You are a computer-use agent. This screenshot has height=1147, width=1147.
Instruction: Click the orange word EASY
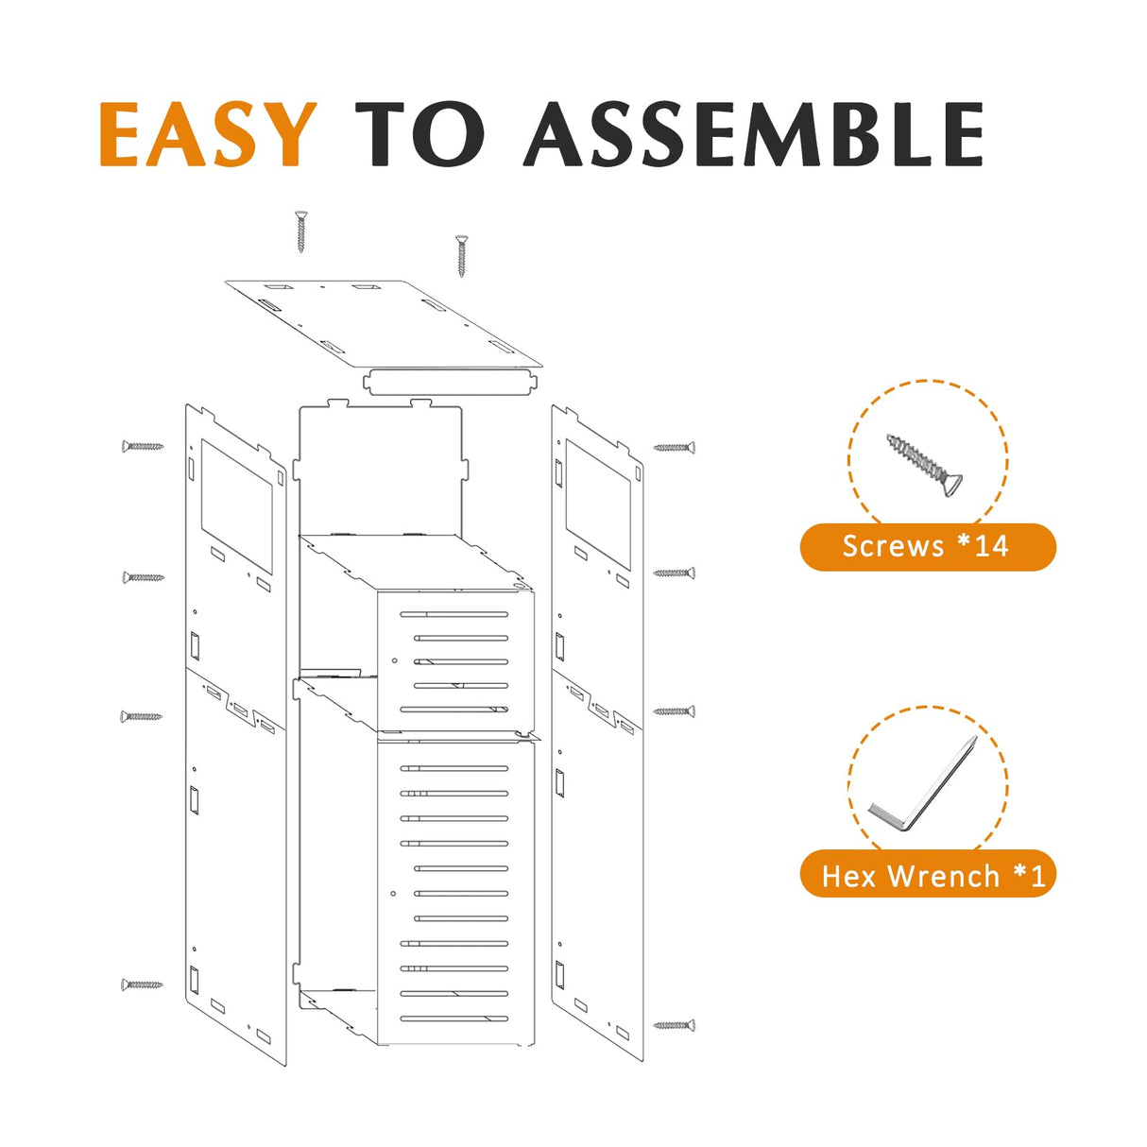tap(208, 134)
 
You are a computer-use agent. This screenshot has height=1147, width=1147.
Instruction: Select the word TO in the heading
tap(419, 134)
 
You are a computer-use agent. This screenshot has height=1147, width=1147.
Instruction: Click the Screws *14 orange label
tap(927, 546)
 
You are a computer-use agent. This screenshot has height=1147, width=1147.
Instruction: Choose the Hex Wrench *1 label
tap(927, 875)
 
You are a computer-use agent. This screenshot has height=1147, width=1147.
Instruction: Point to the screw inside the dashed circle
tap(926, 465)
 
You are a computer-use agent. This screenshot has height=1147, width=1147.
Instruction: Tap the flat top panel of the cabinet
tap(383, 321)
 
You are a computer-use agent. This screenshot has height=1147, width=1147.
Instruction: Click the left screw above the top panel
tap(301, 231)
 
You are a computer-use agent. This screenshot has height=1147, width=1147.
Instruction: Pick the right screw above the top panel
tap(461, 255)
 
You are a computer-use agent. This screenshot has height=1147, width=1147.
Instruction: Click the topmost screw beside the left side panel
tap(143, 446)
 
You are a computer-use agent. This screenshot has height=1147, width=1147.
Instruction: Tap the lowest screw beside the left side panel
tap(142, 984)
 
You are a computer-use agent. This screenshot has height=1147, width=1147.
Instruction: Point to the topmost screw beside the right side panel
tap(675, 447)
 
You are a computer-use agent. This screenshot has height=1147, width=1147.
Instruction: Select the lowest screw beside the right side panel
tap(675, 1025)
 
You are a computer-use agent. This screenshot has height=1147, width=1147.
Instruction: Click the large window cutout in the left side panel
tap(236, 505)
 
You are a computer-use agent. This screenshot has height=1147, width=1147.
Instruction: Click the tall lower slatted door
tap(455, 893)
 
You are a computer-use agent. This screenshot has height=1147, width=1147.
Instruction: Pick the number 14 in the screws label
tap(991, 546)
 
